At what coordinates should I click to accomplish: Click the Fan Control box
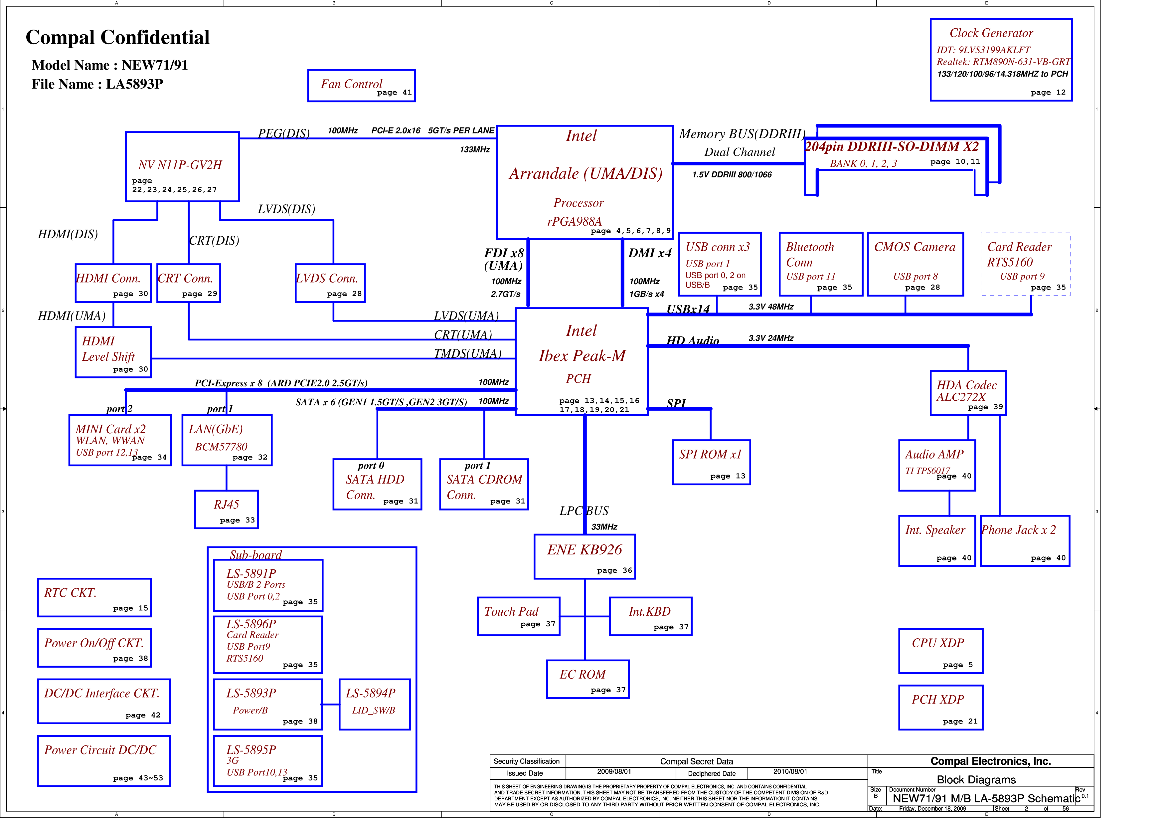[361, 86]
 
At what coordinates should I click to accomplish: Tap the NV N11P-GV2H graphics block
[183, 167]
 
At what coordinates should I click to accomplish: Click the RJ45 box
[226, 509]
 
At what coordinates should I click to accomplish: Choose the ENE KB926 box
[584, 557]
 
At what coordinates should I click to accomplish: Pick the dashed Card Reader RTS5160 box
[1025, 264]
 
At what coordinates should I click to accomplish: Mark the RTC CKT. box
[94, 597]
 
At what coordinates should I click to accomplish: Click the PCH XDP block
[940, 707]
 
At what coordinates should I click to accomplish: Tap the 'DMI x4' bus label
[650, 253]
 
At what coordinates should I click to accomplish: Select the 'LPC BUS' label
[584, 511]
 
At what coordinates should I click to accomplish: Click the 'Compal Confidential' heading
[117, 37]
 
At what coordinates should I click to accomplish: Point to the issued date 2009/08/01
[614, 772]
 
